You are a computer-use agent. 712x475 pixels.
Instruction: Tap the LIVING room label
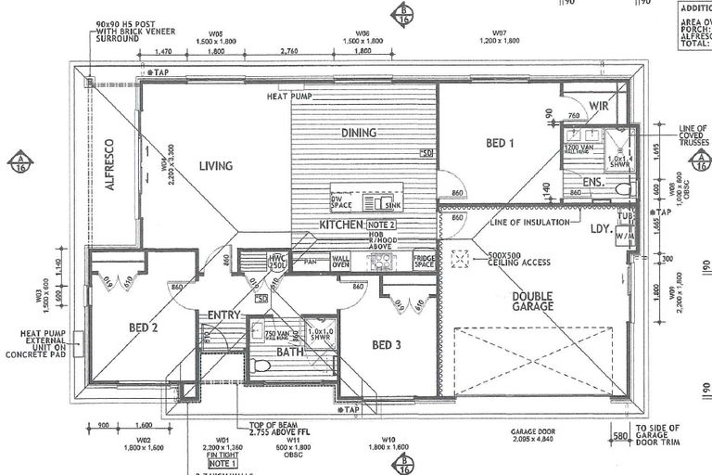point(215,166)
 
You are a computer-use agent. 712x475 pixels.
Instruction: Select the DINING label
point(359,133)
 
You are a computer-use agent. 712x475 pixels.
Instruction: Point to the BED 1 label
point(500,143)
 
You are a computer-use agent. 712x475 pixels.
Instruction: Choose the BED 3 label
point(388,345)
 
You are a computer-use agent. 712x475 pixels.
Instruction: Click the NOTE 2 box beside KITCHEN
point(381,225)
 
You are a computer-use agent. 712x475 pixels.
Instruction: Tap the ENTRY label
point(223,315)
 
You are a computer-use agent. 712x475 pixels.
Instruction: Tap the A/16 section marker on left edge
point(19,161)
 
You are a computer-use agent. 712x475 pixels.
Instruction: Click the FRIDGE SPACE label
point(424,262)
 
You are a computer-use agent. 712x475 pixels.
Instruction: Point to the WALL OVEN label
point(340,263)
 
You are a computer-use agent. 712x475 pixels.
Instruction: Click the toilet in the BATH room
point(262,366)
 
